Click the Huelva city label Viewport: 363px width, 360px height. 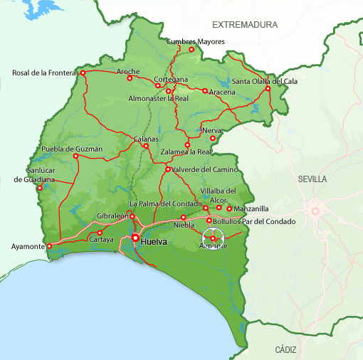154,242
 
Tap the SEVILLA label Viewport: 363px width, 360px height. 313,179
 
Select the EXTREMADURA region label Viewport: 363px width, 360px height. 249,25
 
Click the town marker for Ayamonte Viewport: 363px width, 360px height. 50,247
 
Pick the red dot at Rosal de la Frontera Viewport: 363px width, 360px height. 83,73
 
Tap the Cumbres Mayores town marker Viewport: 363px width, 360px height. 191,49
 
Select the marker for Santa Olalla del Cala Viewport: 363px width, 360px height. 268,88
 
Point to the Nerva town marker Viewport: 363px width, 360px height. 212,138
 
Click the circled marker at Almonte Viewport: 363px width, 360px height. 213,238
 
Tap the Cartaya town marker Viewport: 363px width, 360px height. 100,233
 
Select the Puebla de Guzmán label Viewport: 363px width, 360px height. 73,149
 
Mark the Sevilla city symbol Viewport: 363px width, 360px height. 314,210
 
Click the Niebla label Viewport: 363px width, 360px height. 184,226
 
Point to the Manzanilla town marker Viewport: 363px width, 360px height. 229,208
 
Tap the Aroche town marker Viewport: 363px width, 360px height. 130,78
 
